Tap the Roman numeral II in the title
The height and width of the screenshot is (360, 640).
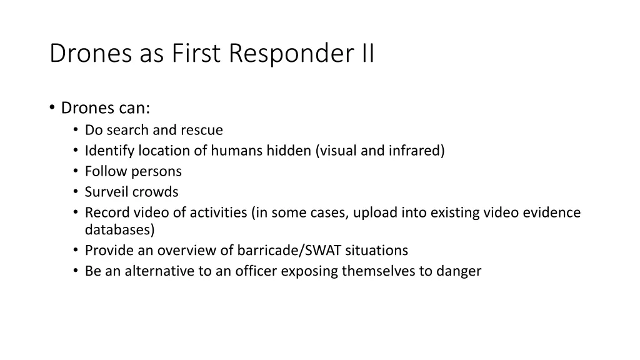(367, 53)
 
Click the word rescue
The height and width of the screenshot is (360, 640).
(201, 130)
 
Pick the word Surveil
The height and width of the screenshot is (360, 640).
(106, 192)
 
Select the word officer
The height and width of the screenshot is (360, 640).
(257, 271)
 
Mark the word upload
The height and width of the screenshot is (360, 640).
(374, 212)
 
